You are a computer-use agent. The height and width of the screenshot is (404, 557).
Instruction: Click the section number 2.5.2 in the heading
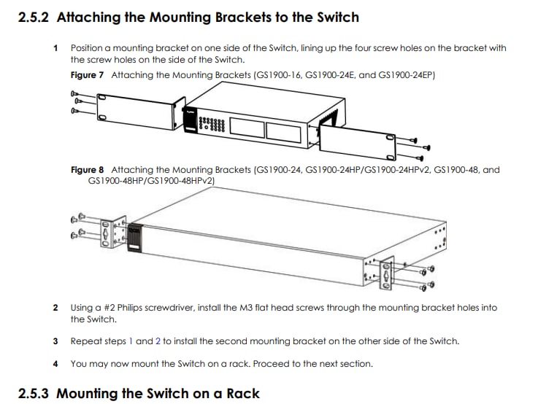33,18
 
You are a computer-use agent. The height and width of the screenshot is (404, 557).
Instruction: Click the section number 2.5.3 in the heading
33,394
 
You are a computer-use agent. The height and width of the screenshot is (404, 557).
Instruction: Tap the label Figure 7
87,75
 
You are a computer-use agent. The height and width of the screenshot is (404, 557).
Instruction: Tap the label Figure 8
87,170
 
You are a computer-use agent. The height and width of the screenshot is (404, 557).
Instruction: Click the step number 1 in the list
55,48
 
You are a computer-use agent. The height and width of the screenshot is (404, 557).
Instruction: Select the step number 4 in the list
55,364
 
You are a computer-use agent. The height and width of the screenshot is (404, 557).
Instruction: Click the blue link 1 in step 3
131,341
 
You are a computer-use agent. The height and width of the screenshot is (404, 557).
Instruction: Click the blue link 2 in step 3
158,341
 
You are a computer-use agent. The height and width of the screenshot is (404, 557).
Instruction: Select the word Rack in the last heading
243,394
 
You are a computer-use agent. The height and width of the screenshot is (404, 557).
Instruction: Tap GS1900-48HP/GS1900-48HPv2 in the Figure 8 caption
151,181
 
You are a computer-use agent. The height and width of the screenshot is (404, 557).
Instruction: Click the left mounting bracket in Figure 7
141,112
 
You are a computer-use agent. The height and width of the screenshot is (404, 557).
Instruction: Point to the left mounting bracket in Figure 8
113,232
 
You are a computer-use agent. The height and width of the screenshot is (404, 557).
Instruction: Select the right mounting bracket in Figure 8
385,273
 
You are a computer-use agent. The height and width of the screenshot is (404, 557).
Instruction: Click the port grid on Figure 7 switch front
212,124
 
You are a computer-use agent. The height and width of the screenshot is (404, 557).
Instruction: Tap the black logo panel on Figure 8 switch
134,238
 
